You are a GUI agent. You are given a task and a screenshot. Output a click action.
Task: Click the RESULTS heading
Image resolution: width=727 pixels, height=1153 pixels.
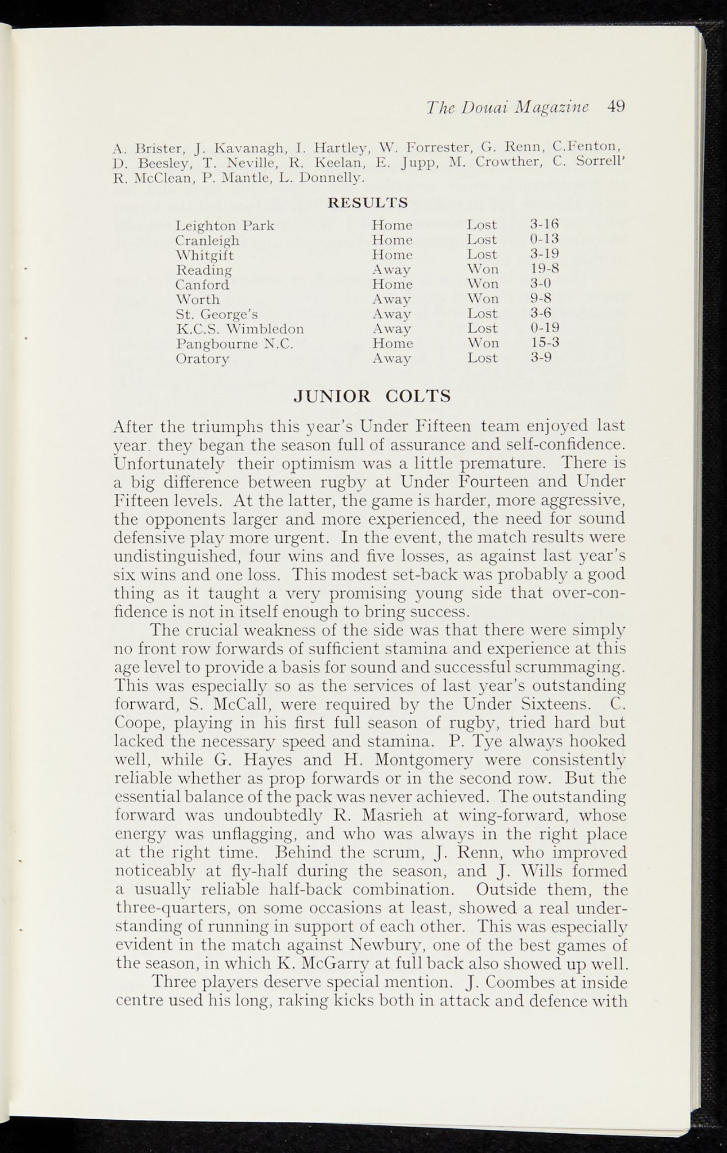(x=368, y=202)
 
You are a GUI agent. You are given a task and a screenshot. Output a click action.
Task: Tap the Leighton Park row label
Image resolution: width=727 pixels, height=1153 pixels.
(x=225, y=225)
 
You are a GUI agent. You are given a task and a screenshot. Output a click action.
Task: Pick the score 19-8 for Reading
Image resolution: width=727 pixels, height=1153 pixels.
(x=544, y=269)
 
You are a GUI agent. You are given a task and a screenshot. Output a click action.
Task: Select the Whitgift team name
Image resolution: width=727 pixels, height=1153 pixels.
(x=204, y=255)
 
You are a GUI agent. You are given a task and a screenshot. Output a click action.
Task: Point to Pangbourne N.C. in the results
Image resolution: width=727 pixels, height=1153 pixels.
(x=234, y=343)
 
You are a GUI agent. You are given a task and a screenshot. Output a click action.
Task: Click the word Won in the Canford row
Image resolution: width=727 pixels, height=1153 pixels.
(x=483, y=284)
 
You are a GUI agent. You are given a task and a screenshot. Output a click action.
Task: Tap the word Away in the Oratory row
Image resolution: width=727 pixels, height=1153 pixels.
(x=391, y=358)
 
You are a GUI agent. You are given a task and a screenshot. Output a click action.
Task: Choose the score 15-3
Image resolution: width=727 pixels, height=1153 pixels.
(x=545, y=342)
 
